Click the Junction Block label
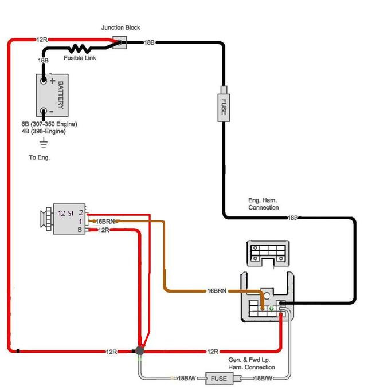120,27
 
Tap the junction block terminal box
120,42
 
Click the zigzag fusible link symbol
80,49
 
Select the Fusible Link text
80,58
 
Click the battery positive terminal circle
44,81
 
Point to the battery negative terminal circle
44,111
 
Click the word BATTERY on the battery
61,95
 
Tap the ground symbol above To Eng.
44,143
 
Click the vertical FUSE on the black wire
224,108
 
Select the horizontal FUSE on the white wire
219,379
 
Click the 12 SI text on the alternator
66,214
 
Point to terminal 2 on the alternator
81,212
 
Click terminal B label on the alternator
80,230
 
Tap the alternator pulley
46,219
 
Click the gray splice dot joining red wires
140,350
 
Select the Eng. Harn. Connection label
264,204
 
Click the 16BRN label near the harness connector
217,291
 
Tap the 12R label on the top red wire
42,40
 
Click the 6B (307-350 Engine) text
49,124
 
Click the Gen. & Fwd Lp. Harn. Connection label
252,364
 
